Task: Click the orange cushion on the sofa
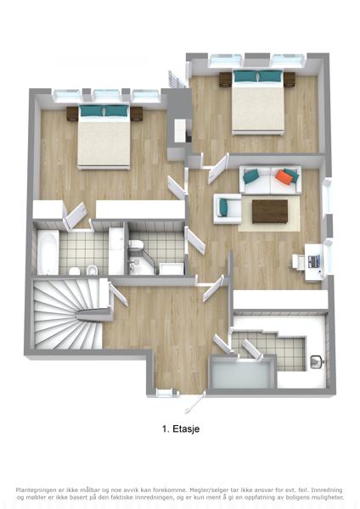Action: click(283, 177)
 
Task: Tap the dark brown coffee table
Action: click(270, 211)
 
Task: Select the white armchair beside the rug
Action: click(227, 209)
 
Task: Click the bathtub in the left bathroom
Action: click(48, 253)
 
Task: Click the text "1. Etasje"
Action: click(181, 429)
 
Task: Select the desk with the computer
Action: click(314, 262)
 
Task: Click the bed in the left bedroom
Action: click(104, 137)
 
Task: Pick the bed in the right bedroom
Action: click(258, 102)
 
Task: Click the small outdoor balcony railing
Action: click(177, 80)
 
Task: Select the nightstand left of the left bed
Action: click(72, 114)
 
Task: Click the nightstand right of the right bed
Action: click(290, 80)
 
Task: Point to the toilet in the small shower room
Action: click(136, 245)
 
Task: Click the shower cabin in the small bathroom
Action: click(172, 269)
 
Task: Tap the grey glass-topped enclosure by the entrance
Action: click(241, 373)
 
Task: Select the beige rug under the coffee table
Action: click(268, 214)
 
